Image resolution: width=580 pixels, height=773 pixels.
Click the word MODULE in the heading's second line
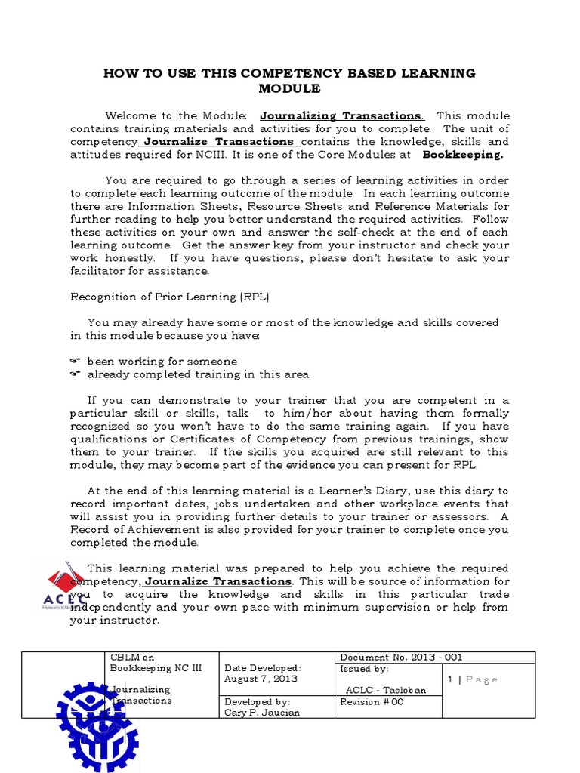pyautogui.click(x=290, y=88)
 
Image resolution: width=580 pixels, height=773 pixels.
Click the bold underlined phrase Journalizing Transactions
pyautogui.click(x=342, y=115)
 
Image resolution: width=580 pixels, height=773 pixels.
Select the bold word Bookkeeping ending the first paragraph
pyautogui.click(x=462, y=154)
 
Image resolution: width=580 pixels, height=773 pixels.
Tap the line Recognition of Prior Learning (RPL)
pyautogui.click(x=170, y=297)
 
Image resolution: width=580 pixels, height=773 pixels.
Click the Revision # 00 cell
pyautogui.click(x=372, y=702)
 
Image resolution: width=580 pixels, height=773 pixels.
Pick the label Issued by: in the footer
pyautogui.click(x=365, y=669)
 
